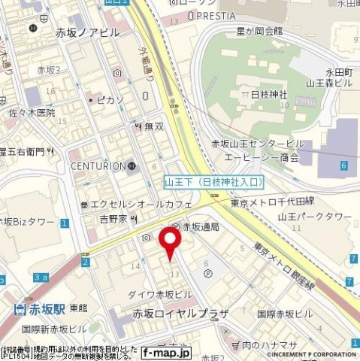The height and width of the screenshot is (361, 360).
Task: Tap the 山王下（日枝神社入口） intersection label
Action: click(x=214, y=181)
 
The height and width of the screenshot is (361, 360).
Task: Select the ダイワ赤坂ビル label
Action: click(x=161, y=293)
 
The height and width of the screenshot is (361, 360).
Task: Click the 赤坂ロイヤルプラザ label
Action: click(x=180, y=312)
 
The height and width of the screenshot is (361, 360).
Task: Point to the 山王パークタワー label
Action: click(x=314, y=217)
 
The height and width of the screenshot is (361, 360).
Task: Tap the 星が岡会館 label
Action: click(x=259, y=32)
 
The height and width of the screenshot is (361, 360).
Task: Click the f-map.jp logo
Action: click(x=167, y=352)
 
